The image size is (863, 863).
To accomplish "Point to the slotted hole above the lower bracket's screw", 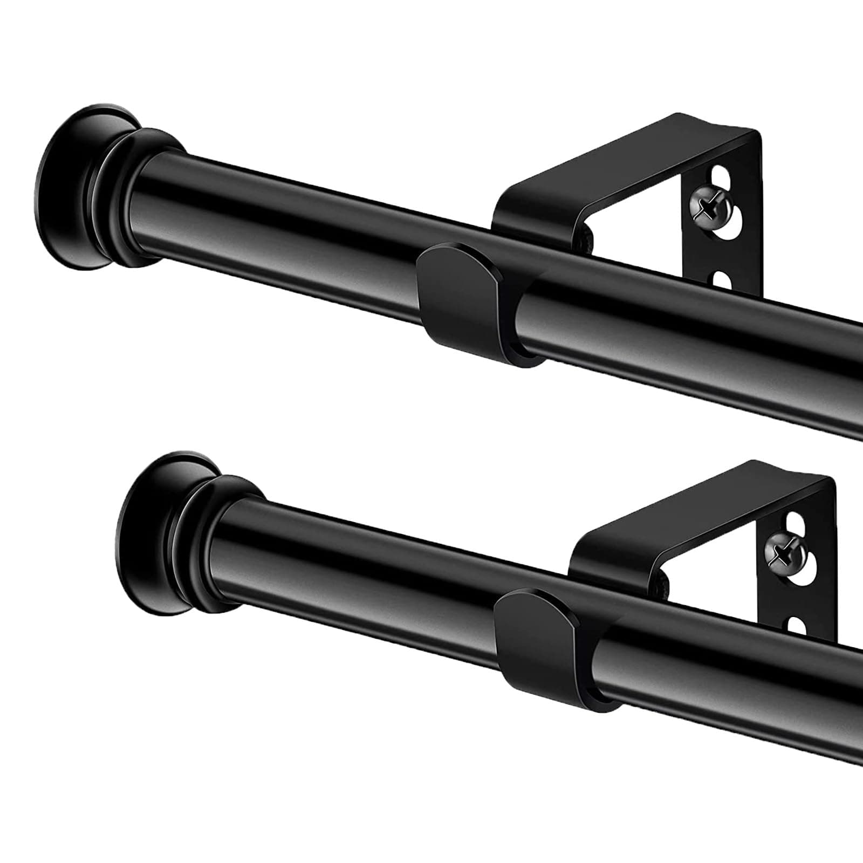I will [797, 525].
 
